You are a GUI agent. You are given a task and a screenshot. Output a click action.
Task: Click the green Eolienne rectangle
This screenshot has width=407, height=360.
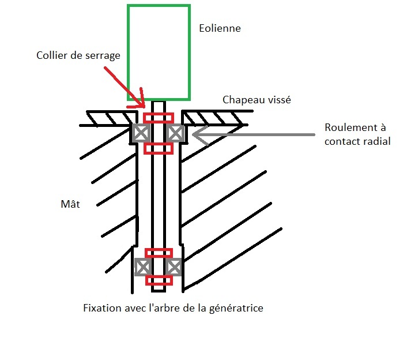159,52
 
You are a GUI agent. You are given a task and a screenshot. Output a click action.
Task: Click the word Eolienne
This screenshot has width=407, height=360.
220,28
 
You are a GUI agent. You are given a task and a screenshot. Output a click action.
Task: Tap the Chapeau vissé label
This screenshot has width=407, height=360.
257,100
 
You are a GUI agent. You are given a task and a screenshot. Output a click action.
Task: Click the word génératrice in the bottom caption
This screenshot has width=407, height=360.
236,308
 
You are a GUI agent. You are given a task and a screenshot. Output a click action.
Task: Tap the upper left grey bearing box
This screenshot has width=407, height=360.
141,133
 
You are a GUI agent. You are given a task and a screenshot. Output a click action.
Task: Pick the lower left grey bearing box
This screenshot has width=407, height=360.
142,267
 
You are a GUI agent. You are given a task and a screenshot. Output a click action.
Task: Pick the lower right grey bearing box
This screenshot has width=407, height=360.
174,267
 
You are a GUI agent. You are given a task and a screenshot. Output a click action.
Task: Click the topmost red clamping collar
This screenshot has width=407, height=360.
158,118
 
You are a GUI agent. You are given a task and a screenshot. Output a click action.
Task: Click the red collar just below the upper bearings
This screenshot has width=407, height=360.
158,148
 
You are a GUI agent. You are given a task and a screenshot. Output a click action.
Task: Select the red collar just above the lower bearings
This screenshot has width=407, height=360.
159,253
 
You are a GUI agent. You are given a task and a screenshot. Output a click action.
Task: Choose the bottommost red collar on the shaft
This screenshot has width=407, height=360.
159,280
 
